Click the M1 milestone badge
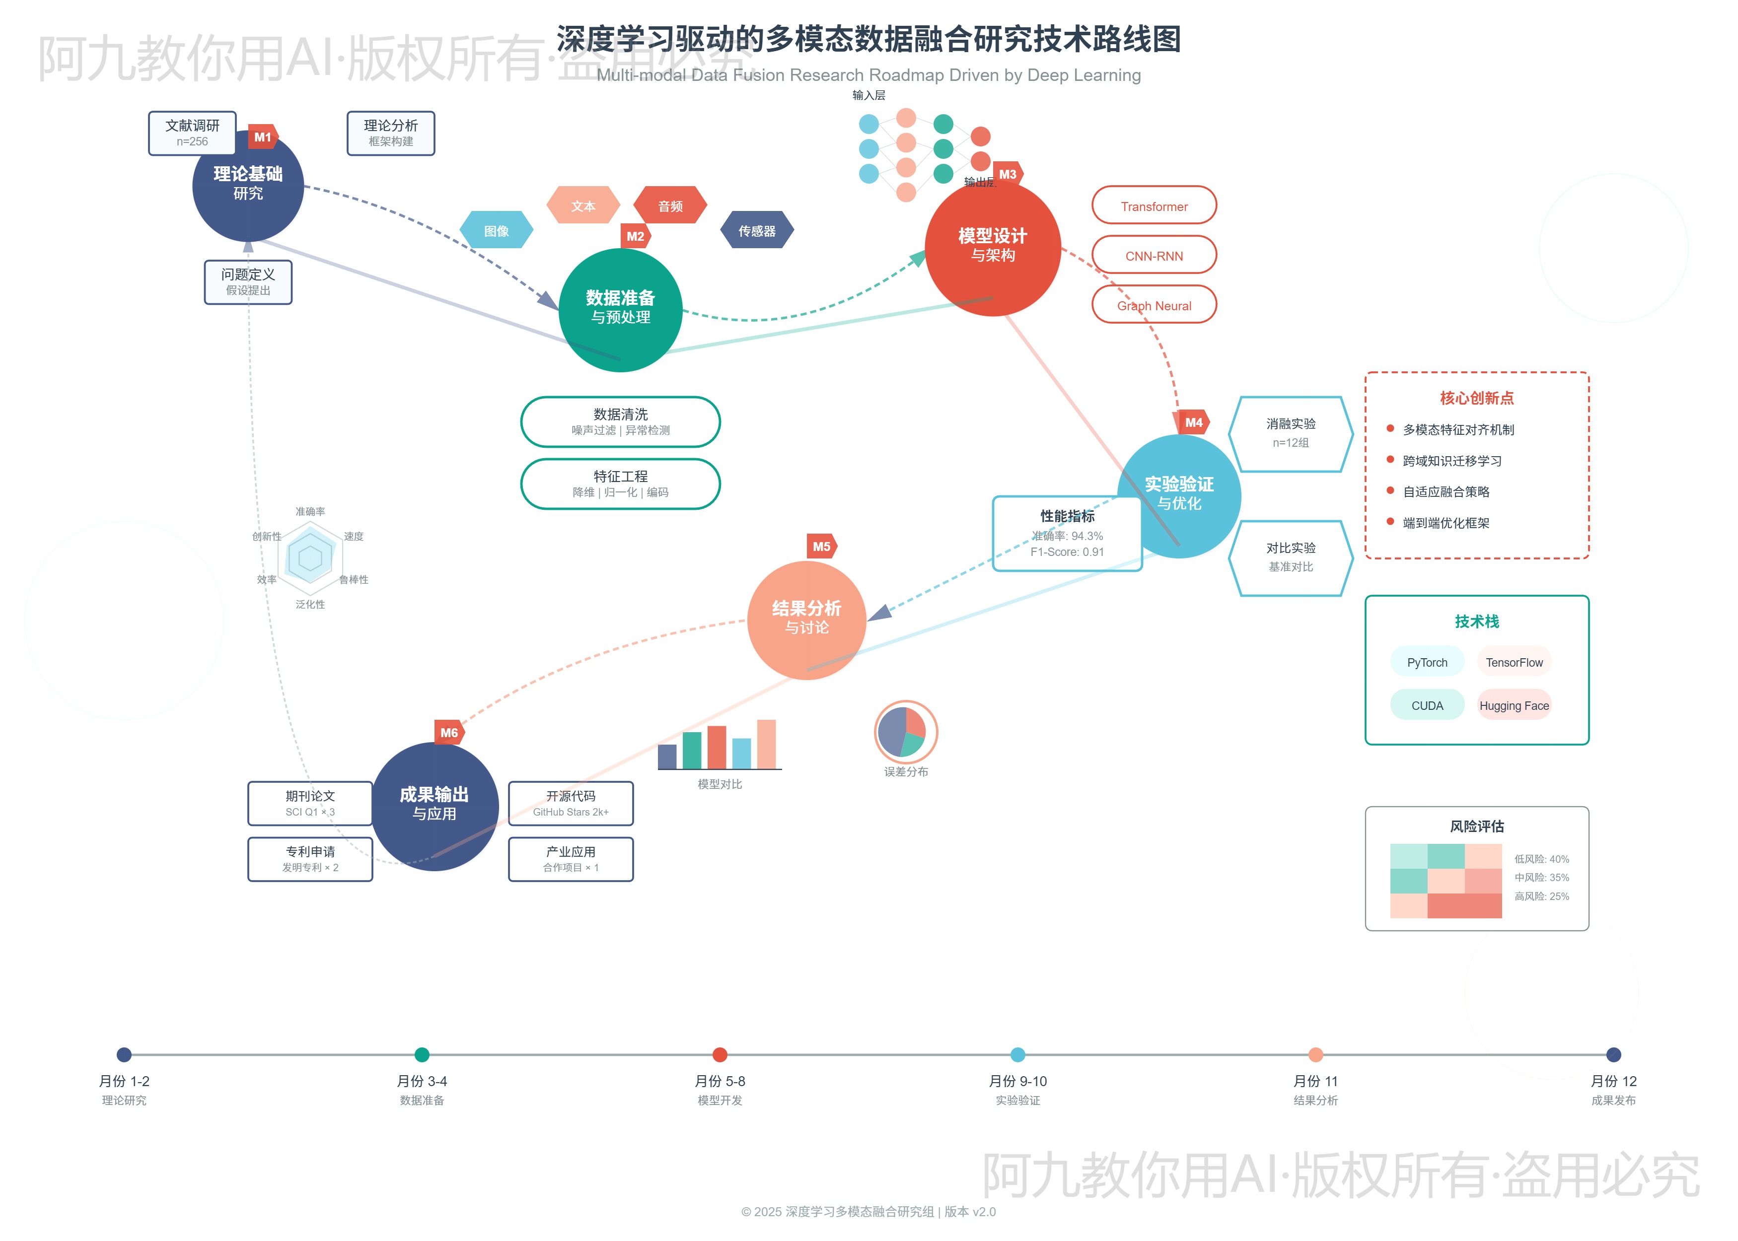[262, 137]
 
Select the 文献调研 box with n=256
[192, 133]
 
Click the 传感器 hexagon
[757, 230]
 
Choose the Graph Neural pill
[1154, 305]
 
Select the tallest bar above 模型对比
[766, 744]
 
